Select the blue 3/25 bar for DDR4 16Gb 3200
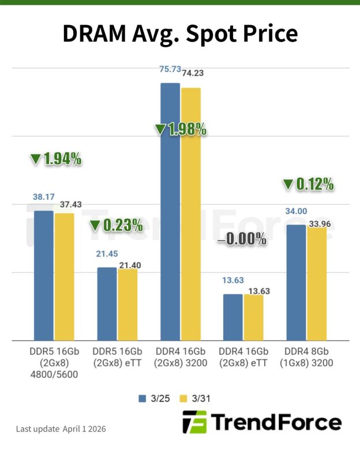click(170, 211)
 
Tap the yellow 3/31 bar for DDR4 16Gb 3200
click(190, 213)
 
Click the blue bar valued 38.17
click(44, 276)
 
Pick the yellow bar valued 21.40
click(127, 305)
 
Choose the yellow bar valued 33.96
click(317, 283)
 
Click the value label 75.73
click(170, 69)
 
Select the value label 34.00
click(296, 211)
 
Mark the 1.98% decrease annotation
click(181, 129)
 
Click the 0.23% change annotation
click(115, 224)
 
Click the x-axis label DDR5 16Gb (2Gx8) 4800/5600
click(54, 362)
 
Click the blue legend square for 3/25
click(142, 398)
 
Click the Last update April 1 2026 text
click(61, 429)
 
